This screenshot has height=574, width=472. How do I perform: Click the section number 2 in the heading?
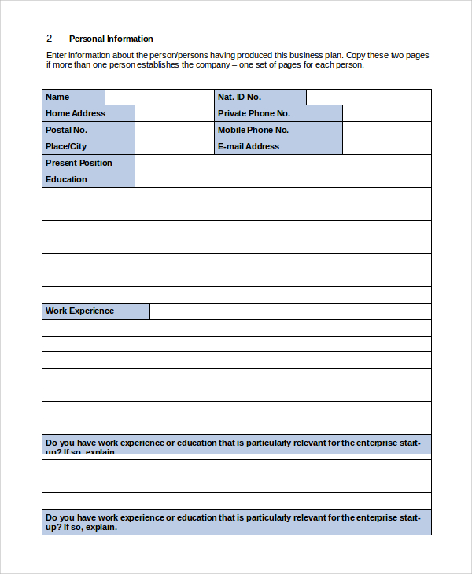pyautogui.click(x=49, y=39)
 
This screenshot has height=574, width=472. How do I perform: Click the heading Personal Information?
pyautogui.click(x=111, y=39)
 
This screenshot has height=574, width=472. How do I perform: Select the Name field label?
pyautogui.click(x=57, y=97)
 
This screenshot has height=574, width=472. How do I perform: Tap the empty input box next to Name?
pyautogui.click(x=159, y=97)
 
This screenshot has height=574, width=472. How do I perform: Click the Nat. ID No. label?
pyautogui.click(x=239, y=97)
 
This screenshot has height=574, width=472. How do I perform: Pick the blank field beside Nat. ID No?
pyautogui.click(x=368, y=97)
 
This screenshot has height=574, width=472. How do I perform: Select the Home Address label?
pyautogui.click(x=76, y=113)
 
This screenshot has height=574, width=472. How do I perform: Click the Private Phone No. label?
pyautogui.click(x=254, y=113)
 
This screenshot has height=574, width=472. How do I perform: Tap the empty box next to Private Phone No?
pyautogui.click(x=386, y=113)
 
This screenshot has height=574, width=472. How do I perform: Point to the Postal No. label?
pyautogui.click(x=66, y=130)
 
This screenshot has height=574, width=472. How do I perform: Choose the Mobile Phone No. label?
pyautogui.click(x=253, y=130)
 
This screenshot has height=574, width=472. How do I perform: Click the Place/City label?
pyautogui.click(x=66, y=146)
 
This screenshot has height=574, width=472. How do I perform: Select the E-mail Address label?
pyautogui.click(x=249, y=146)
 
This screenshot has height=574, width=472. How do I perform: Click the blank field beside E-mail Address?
pyautogui.click(x=386, y=146)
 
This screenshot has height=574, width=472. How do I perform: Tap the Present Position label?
pyautogui.click(x=79, y=163)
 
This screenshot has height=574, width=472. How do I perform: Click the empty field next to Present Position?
pyautogui.click(x=282, y=163)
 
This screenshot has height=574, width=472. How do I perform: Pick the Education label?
pyautogui.click(x=66, y=179)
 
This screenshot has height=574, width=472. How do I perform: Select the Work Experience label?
pyautogui.click(x=79, y=311)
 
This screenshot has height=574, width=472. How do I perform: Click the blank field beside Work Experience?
pyautogui.click(x=289, y=311)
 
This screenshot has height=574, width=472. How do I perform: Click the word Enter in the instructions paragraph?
pyautogui.click(x=57, y=55)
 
